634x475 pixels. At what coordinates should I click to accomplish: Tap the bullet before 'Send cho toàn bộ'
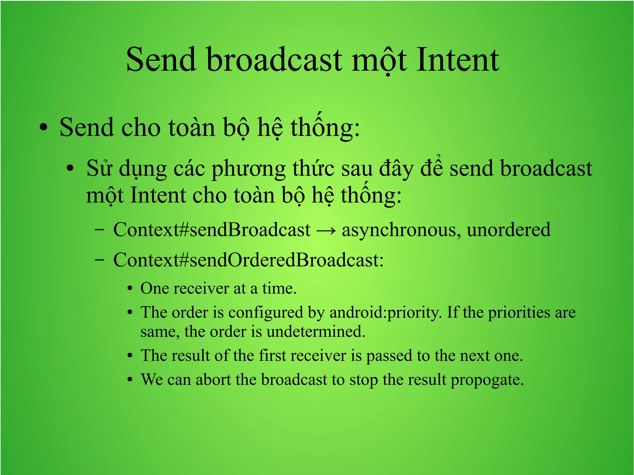click(44, 127)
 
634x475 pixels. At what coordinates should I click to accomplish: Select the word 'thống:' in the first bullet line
click(325, 127)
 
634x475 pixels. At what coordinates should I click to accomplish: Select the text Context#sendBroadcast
click(212, 230)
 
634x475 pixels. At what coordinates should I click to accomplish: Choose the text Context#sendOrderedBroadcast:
click(248, 260)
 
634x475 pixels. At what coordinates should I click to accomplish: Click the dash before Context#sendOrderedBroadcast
click(100, 260)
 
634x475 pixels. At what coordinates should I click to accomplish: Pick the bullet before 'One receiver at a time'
click(130, 289)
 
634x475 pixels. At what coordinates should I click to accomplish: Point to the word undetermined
click(316, 332)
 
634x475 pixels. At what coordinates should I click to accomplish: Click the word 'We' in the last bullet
click(152, 380)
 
